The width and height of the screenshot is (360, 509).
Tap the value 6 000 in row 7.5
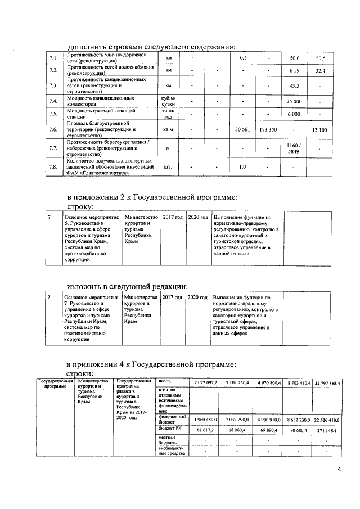coord(294,114)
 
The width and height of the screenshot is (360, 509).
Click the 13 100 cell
coord(320,130)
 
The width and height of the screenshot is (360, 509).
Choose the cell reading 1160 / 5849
coord(294,148)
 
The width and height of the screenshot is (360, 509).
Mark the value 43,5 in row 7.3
coord(294,86)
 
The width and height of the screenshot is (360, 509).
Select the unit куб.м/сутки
coord(168,102)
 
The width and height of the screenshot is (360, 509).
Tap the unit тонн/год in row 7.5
coord(168,114)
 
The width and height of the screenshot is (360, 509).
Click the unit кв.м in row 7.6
coord(168,130)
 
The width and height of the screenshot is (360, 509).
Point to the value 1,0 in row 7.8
coord(242,166)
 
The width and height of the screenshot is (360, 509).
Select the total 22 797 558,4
coord(330,383)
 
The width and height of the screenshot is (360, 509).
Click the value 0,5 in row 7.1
coord(242,58)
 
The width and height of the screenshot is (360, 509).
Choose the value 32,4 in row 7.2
coord(320,71)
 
